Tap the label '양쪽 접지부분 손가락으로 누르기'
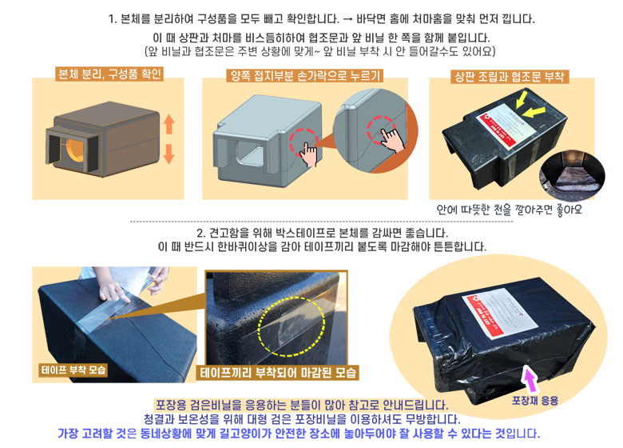(304, 76)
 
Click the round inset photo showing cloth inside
(570, 174)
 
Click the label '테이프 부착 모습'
(73, 370)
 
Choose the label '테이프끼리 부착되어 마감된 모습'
(278, 373)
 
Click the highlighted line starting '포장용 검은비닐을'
(301, 406)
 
